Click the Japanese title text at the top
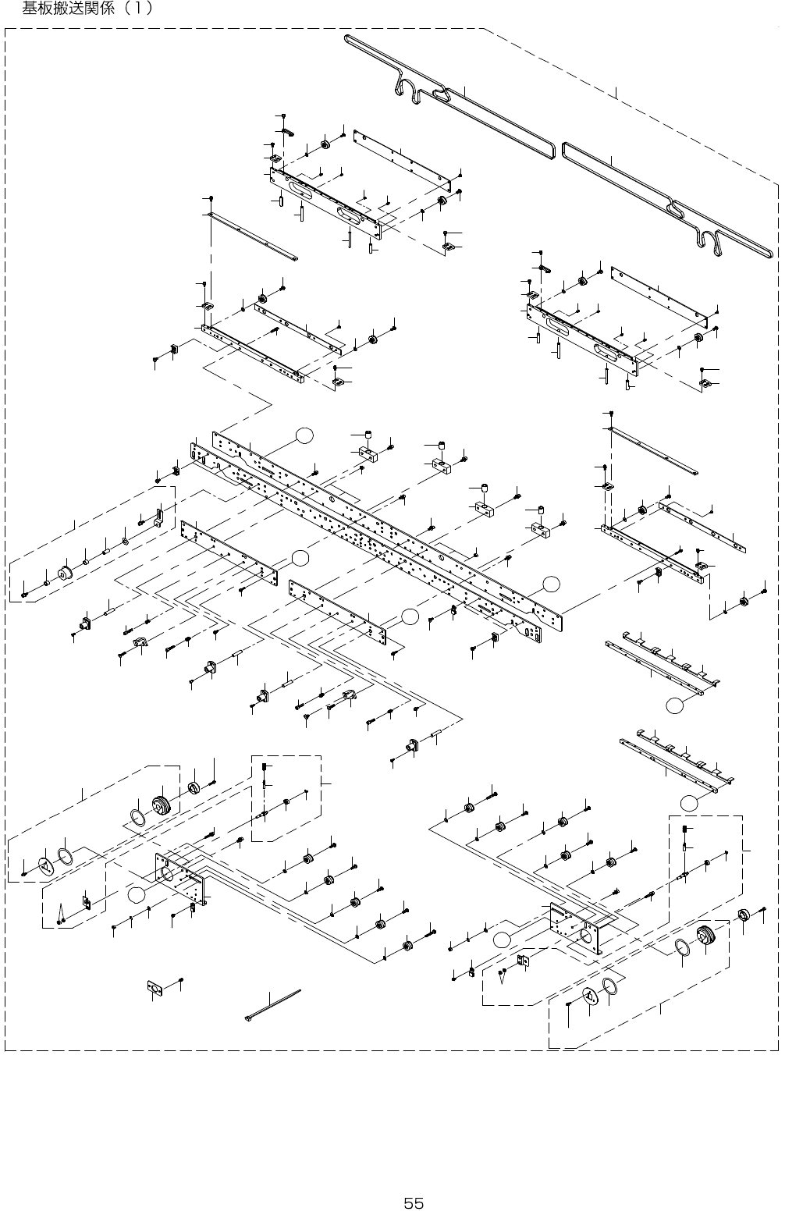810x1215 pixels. (87, 9)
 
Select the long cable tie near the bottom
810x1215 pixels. (273, 1005)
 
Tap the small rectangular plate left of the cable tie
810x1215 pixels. (155, 988)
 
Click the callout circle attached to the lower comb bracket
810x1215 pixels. (688, 802)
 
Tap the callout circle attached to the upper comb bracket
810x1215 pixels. (675, 705)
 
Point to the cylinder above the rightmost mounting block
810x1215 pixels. (540, 512)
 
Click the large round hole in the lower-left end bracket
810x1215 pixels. (166, 874)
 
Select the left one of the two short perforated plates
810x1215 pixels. (229, 552)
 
